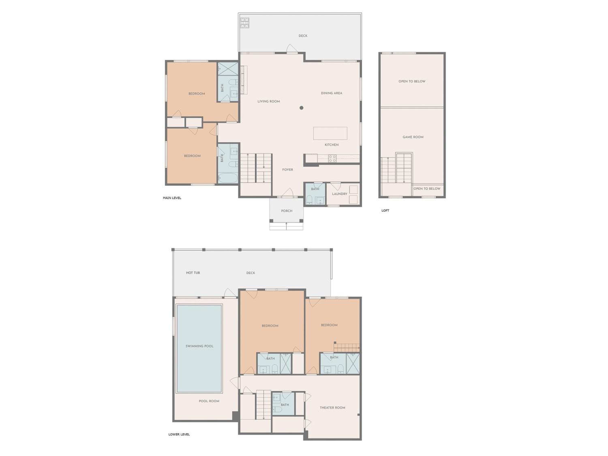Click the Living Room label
pyautogui.click(x=269, y=101)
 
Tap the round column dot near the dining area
pyautogui.click(x=301, y=108)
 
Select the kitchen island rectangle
pyautogui.click(x=330, y=133)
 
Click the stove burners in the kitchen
pyautogui.click(x=332, y=159)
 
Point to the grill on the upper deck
pyautogui.click(x=245, y=23)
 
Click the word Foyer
pyautogui.click(x=288, y=170)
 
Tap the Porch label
pyautogui.click(x=286, y=211)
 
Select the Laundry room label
pyautogui.click(x=339, y=194)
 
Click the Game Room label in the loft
pyautogui.click(x=413, y=137)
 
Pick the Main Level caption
pyautogui.click(x=172, y=198)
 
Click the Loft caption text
pyautogui.click(x=385, y=211)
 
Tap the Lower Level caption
pyautogui.click(x=179, y=434)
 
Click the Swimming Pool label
pyautogui.click(x=199, y=346)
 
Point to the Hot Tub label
pyautogui.click(x=193, y=273)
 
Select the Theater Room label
pyautogui.click(x=332, y=408)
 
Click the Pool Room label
pyautogui.click(x=209, y=401)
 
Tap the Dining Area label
pyautogui.click(x=332, y=93)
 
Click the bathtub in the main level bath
pyautogui.click(x=228, y=178)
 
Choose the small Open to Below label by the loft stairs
pyautogui.click(x=427, y=188)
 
